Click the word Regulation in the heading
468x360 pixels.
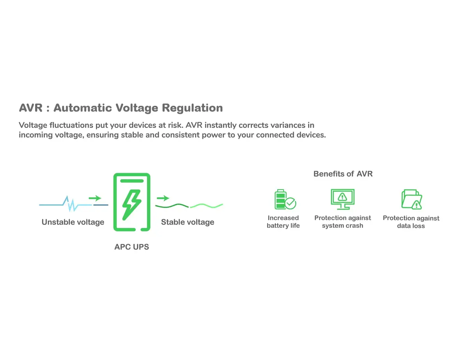click(x=192, y=108)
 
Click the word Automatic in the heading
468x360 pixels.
click(x=83, y=108)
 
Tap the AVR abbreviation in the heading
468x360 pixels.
click(x=30, y=108)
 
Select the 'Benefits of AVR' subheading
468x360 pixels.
click(x=343, y=174)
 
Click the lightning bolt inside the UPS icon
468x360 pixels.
click(x=131, y=205)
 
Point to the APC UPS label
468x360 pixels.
click(x=131, y=247)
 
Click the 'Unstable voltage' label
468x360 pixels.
click(x=73, y=222)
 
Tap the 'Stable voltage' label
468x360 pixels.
click(x=188, y=222)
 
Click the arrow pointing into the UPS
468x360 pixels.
click(x=95, y=198)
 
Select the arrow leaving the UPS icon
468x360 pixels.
click(x=163, y=198)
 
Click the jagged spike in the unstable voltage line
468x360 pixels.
click(x=71, y=204)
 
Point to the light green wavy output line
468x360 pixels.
click(x=206, y=206)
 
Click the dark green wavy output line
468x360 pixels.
click(x=172, y=206)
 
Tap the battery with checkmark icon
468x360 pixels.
click(x=285, y=199)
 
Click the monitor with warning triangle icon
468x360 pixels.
click(x=342, y=199)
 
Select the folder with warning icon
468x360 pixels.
click(x=411, y=199)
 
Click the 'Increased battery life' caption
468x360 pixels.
click(x=283, y=222)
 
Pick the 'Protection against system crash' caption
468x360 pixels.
click(x=342, y=222)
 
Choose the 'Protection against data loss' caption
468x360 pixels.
click(x=411, y=222)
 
